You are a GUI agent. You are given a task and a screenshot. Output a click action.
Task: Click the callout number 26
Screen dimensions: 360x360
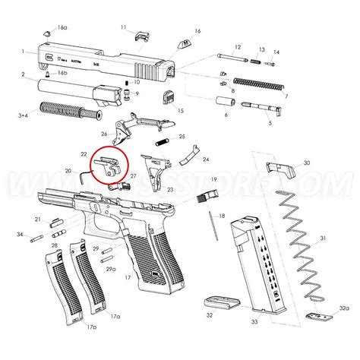point(104,134)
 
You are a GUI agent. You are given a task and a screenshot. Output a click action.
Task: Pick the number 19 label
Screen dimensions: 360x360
point(215,178)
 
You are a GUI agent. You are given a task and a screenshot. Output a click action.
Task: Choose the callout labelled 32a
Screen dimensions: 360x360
point(344,308)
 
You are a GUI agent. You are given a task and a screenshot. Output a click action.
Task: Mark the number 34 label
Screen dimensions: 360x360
point(19,235)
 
